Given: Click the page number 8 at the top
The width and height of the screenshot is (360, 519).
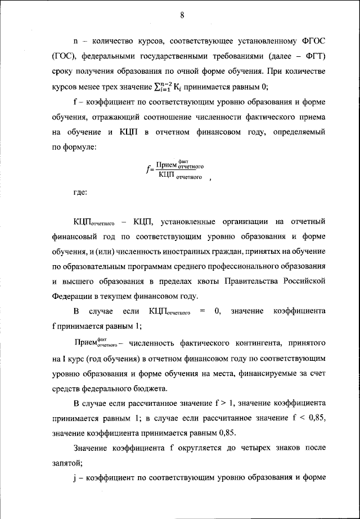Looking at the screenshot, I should tap(182, 15).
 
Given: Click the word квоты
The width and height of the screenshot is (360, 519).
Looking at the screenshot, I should tap(202, 280).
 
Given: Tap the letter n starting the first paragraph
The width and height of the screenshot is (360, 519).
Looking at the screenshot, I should tap(75, 42).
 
